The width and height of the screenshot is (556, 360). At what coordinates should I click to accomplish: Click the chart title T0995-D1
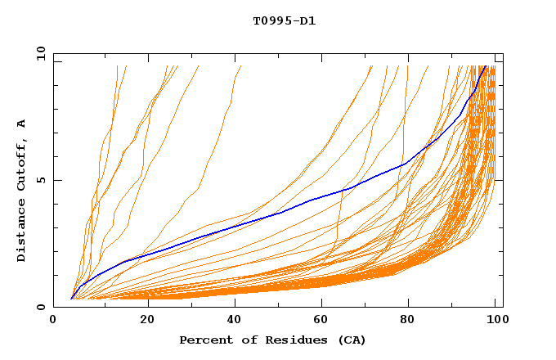click(284, 20)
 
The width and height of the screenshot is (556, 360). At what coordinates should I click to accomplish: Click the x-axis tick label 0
click(53, 322)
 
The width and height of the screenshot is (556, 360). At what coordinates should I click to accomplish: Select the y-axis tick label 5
click(43, 180)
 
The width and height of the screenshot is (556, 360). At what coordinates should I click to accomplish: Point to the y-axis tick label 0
click(43, 307)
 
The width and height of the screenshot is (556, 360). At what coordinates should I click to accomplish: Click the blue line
click(281, 212)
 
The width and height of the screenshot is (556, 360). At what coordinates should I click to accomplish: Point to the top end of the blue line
click(486, 66)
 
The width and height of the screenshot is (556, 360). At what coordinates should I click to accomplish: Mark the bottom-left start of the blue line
click(72, 299)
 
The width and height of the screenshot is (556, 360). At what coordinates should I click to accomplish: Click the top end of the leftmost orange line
click(118, 66)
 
